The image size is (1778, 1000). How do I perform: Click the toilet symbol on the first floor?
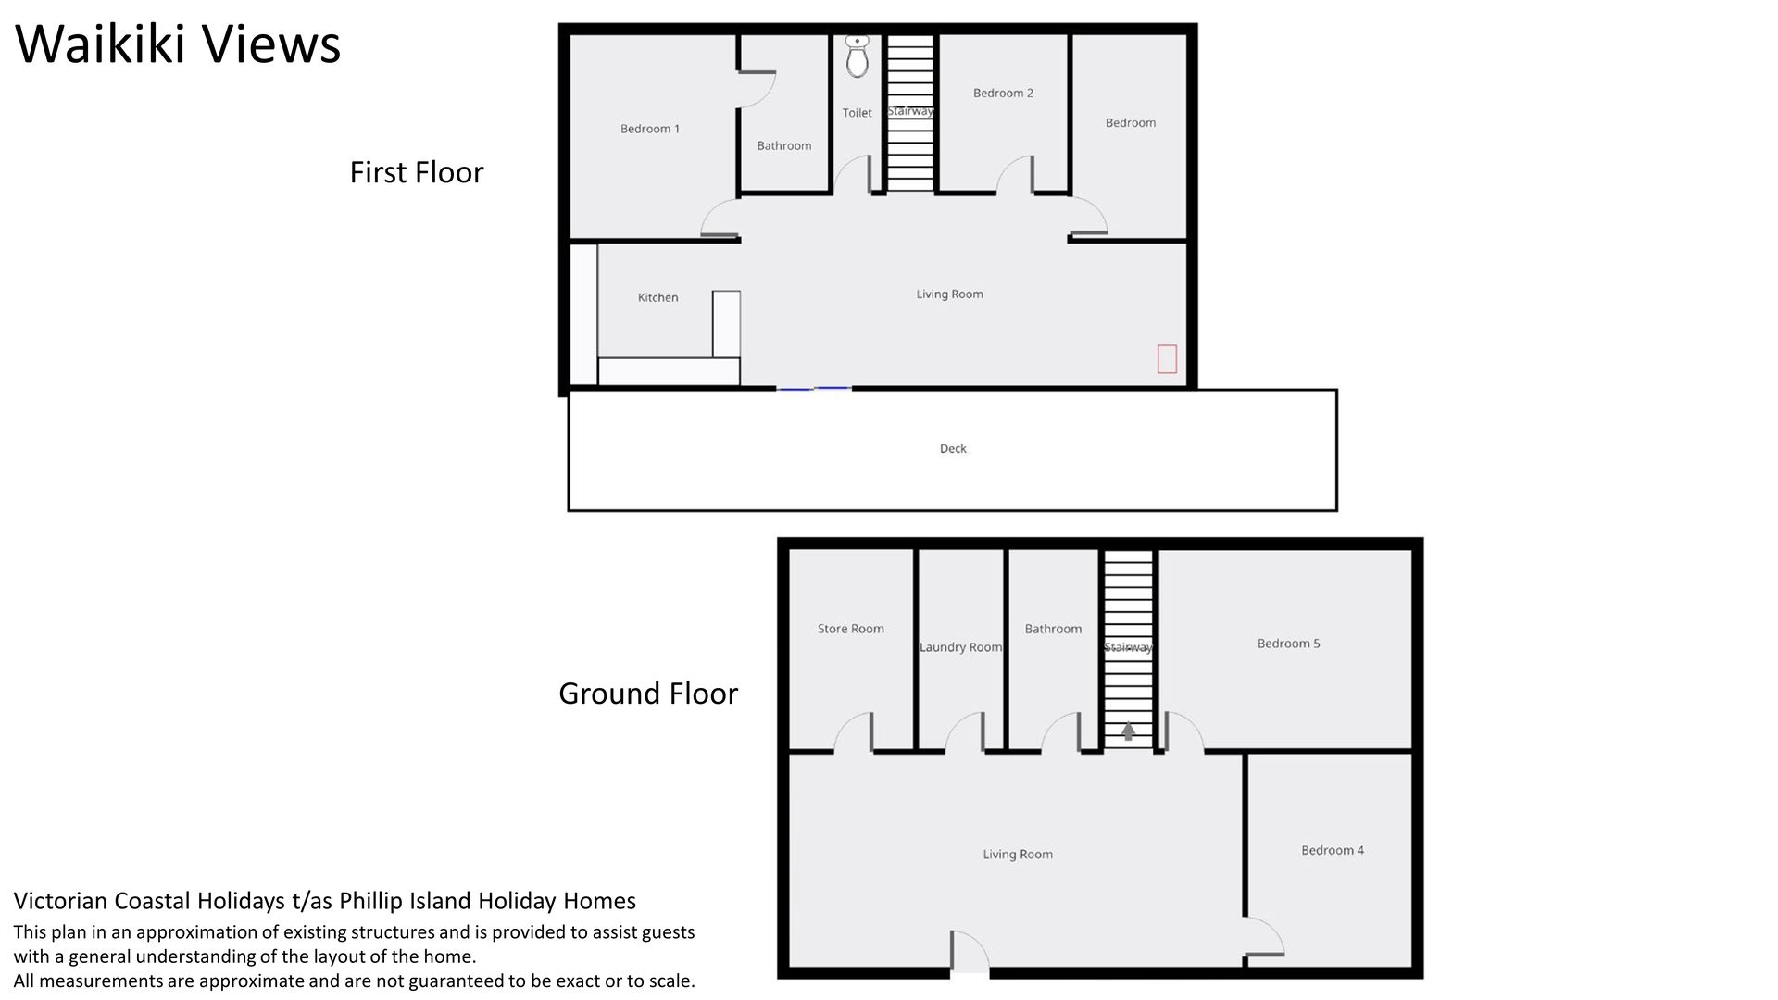[858, 56]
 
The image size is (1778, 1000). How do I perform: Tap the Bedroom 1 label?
[650, 129]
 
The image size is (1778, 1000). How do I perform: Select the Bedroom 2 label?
[1003, 93]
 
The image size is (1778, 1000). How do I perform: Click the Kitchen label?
[658, 297]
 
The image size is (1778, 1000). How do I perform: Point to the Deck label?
[953, 448]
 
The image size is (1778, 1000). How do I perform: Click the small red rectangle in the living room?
[1167, 358]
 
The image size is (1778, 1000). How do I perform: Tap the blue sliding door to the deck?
[814, 389]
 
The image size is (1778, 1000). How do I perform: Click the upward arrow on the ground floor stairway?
[1128, 731]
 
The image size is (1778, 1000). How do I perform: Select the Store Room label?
[851, 629]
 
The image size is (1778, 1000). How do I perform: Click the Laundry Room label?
[960, 647]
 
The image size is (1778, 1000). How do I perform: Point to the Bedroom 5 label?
[1288, 644]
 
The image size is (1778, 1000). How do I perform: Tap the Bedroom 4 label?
[1333, 850]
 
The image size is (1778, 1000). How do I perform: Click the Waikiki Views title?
[179, 44]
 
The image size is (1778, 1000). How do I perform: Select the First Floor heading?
[417, 172]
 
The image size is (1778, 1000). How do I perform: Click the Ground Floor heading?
[648, 693]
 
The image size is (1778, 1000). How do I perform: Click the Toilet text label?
[858, 113]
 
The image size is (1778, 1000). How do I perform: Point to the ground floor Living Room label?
[1018, 855]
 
